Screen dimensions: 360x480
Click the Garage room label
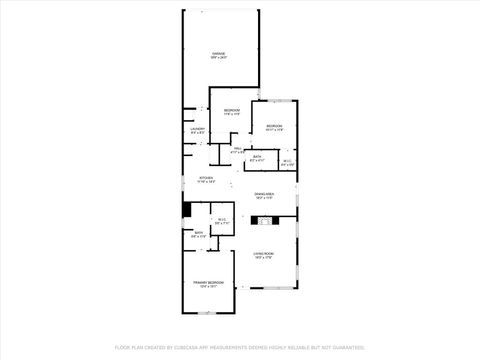pyautogui.click(x=218, y=53)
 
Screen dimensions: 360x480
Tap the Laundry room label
pyautogui.click(x=198, y=129)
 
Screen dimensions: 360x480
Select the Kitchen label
pyautogui.click(x=205, y=178)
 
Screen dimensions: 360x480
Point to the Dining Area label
pyautogui.click(x=264, y=193)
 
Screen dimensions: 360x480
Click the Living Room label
pyautogui.click(x=264, y=253)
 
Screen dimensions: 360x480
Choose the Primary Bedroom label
pyautogui.click(x=207, y=283)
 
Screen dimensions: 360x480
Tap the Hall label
pyautogui.click(x=237, y=149)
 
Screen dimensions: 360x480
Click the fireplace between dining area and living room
pyautogui.click(x=267, y=218)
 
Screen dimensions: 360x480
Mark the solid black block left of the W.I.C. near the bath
pyautogui.click(x=186, y=211)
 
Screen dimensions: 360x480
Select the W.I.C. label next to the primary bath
pyautogui.click(x=221, y=219)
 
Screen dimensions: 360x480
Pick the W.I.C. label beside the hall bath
pyautogui.click(x=286, y=161)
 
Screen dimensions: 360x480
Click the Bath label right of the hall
pyautogui.click(x=257, y=156)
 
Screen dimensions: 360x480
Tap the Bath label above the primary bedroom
pyautogui.click(x=198, y=233)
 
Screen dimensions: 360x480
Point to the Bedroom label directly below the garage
pyautogui.click(x=231, y=109)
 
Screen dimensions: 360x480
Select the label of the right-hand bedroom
pyautogui.click(x=274, y=125)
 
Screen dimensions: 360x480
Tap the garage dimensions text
pyautogui.click(x=218, y=58)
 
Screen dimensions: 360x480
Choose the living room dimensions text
pyautogui.click(x=264, y=258)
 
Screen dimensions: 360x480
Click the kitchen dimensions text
pyautogui.click(x=205, y=182)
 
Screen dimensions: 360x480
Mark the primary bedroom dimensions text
pyautogui.click(x=207, y=287)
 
